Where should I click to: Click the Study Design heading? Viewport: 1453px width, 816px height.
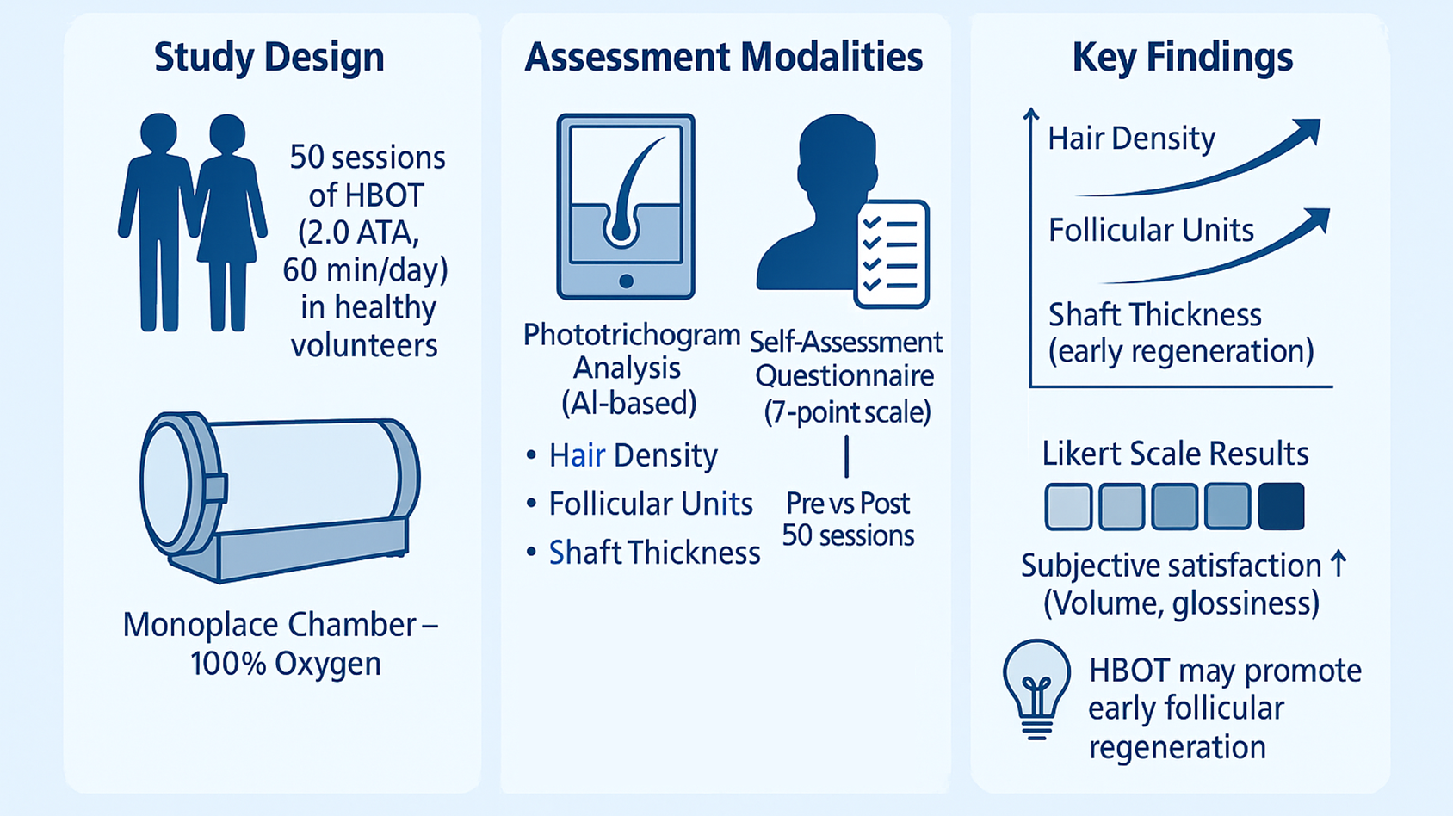coord(269,58)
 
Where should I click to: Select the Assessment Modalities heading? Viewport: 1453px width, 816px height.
coord(723,58)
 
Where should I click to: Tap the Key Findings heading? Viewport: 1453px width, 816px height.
coord(1182,58)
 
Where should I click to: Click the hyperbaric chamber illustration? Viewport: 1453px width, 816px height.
coord(280,497)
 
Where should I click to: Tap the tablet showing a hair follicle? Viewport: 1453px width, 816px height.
coord(626,207)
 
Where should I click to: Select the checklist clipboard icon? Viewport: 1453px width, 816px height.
coord(892,254)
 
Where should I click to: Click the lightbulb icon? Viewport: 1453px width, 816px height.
coord(1036,689)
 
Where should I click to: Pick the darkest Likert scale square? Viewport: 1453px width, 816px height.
coord(1281,506)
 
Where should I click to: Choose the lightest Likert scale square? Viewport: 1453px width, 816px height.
coord(1068,506)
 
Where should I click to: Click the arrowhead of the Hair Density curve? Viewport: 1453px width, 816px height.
coord(1308,132)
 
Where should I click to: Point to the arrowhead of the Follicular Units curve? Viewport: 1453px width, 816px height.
coord(1318,220)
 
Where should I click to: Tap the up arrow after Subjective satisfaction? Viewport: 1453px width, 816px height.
coord(1339,565)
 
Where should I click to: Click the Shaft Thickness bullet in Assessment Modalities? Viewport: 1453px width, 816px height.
coord(654,553)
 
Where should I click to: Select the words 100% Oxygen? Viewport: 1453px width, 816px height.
coord(285,664)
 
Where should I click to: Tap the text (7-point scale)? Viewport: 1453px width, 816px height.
coord(847,412)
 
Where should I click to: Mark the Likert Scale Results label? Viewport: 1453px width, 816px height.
coord(1175,454)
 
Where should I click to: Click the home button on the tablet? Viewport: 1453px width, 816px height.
coord(626,281)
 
